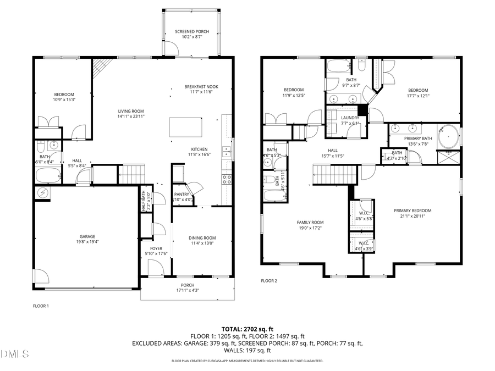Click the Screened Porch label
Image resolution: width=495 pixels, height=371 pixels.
(x=189, y=31)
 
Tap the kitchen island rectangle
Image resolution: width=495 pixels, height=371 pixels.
(x=186, y=127)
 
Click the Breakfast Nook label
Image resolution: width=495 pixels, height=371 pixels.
(x=201, y=87)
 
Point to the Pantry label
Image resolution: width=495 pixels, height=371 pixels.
(x=182, y=194)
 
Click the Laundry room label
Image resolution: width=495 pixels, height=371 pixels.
(x=350, y=118)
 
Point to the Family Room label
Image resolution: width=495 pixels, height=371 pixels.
(x=310, y=222)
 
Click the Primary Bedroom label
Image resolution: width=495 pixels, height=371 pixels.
(x=413, y=211)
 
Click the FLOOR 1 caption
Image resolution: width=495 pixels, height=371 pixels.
(x=41, y=306)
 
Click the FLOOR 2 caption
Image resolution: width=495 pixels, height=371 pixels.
(x=269, y=280)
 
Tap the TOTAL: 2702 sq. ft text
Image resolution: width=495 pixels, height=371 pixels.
(x=247, y=329)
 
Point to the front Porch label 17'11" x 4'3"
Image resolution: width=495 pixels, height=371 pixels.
(x=188, y=285)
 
